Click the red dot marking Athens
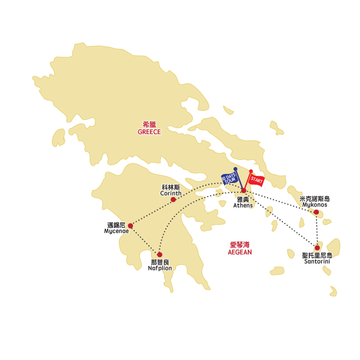(x=244, y=191)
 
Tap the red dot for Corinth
(x=173, y=199)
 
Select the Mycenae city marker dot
(x=130, y=226)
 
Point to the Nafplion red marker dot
(x=159, y=255)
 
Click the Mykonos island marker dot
(x=316, y=212)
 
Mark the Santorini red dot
(x=317, y=248)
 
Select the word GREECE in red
(x=149, y=132)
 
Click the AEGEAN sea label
(x=239, y=252)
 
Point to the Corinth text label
(x=171, y=193)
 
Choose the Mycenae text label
(x=116, y=231)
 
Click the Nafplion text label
(x=160, y=268)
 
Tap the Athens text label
(x=243, y=205)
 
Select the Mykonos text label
(x=315, y=205)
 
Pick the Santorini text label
(x=317, y=261)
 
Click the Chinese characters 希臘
(x=149, y=125)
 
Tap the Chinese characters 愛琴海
(x=239, y=245)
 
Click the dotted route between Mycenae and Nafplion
(x=145, y=240)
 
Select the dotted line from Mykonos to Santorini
(x=316, y=229)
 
